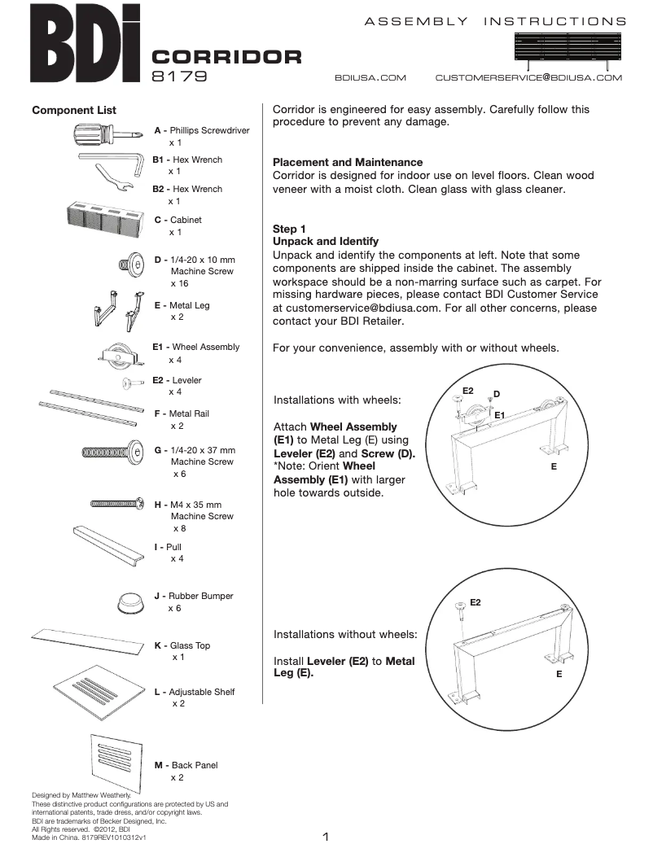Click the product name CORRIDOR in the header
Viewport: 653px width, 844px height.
tap(227, 57)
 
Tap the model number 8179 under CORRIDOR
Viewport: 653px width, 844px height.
tap(179, 77)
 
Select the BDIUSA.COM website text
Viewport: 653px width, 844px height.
tap(370, 78)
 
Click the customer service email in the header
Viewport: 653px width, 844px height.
tap(528, 78)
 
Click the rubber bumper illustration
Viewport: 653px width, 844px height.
tap(129, 603)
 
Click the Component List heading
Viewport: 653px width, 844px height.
tap(74, 110)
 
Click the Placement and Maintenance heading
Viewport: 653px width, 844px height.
tap(348, 162)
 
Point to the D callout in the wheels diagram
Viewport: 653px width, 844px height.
tap(497, 395)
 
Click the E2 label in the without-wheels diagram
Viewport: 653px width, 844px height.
tap(476, 602)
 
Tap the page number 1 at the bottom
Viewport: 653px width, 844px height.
tap(325, 836)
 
